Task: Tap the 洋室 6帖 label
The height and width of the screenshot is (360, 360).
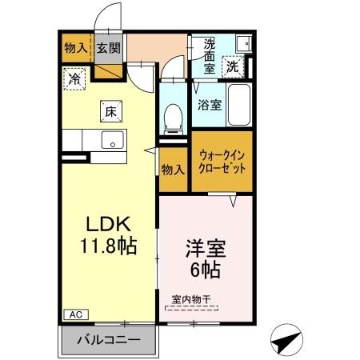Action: coord(206,258)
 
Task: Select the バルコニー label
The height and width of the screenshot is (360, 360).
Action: coord(108,339)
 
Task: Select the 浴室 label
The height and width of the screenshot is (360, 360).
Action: coord(210,105)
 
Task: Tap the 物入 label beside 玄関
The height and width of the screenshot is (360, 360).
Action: coord(75,47)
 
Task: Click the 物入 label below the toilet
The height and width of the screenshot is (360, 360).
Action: coord(172,169)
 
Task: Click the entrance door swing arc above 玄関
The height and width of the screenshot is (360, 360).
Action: coord(102,20)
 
